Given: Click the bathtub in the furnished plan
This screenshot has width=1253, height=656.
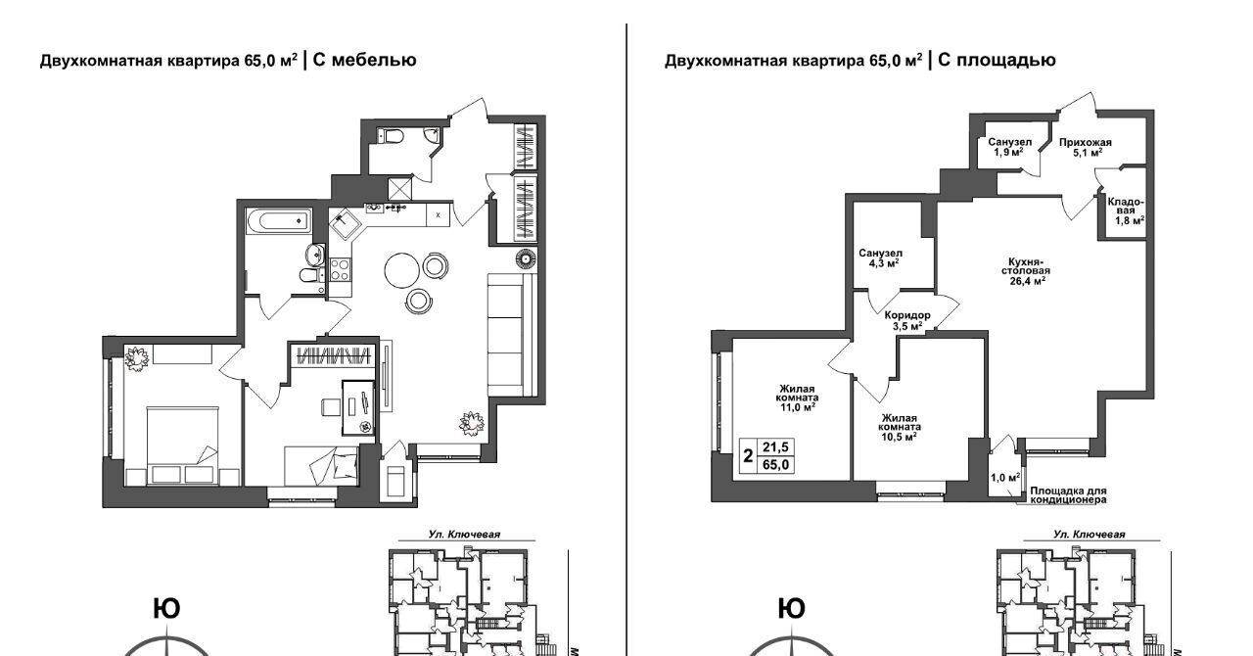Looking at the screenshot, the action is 278,220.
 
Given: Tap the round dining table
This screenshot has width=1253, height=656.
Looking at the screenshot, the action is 401,270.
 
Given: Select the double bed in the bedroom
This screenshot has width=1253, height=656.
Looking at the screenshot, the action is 182,445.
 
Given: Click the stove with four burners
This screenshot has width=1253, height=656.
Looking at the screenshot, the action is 340,269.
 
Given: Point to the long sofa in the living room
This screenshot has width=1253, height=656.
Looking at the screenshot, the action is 506,335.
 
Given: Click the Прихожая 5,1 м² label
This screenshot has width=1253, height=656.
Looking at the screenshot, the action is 1086,147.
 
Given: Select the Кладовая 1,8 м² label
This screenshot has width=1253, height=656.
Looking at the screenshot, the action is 1126,211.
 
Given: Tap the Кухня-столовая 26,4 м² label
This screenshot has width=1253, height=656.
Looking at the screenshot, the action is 1026,271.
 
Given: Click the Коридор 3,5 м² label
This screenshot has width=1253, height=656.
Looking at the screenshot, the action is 907,320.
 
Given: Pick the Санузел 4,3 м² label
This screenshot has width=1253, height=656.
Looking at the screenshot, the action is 880,258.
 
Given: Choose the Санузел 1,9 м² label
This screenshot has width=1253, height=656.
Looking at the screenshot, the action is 1009,147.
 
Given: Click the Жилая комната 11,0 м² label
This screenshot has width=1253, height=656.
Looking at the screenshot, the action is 798,398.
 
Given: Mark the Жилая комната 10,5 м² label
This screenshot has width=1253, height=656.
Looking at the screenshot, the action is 899,428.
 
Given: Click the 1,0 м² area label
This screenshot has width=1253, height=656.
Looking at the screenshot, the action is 1005,478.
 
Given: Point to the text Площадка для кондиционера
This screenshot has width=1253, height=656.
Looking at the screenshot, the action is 1068,495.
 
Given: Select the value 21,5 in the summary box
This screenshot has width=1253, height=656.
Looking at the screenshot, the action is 775,446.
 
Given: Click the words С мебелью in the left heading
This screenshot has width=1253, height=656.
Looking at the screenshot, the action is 364,60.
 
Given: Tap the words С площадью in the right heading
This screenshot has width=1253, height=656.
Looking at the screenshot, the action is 997,61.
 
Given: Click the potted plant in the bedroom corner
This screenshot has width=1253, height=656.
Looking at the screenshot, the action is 136,358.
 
